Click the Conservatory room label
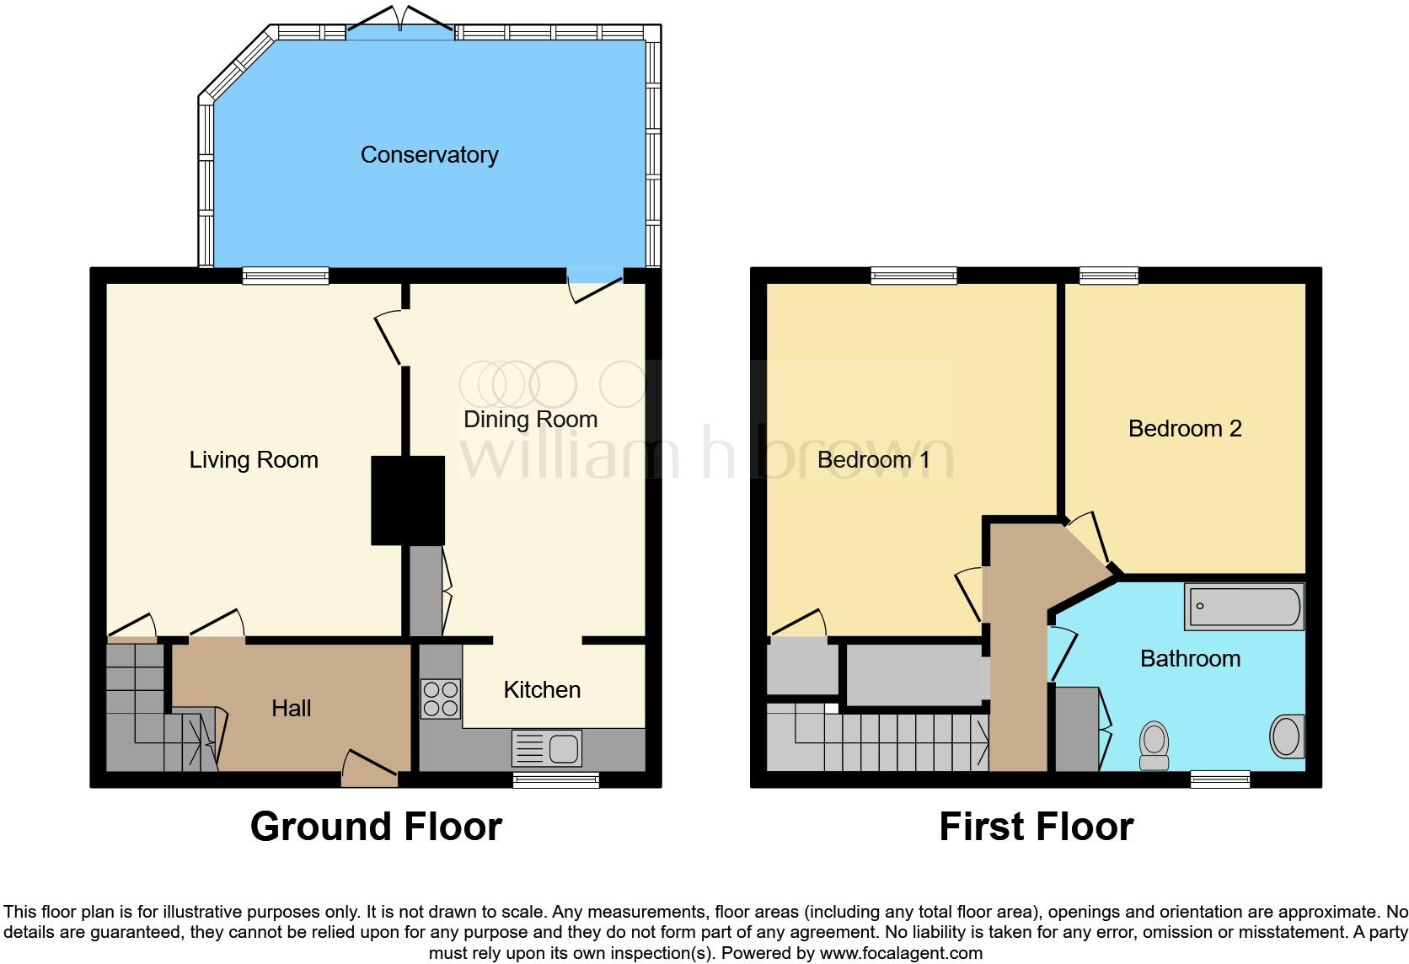tap(429, 155)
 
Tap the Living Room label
tap(253, 460)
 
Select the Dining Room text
tap(530, 420)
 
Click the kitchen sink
tap(546, 747)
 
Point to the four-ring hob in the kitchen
tap(441, 699)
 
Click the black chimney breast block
tap(408, 501)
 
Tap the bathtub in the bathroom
tap(1244, 607)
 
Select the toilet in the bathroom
tap(1154, 745)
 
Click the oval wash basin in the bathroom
tap(1286, 736)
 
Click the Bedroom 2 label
tap(1184, 429)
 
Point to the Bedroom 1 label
tap(873, 460)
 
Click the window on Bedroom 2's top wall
tap(1109, 275)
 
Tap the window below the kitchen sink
tap(556, 780)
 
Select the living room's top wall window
tap(286, 275)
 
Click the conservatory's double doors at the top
tap(401, 25)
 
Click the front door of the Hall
tap(369, 770)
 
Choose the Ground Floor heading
tap(376, 827)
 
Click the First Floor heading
tap(1036, 827)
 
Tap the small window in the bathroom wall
tap(1219, 780)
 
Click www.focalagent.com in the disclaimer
tap(901, 954)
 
